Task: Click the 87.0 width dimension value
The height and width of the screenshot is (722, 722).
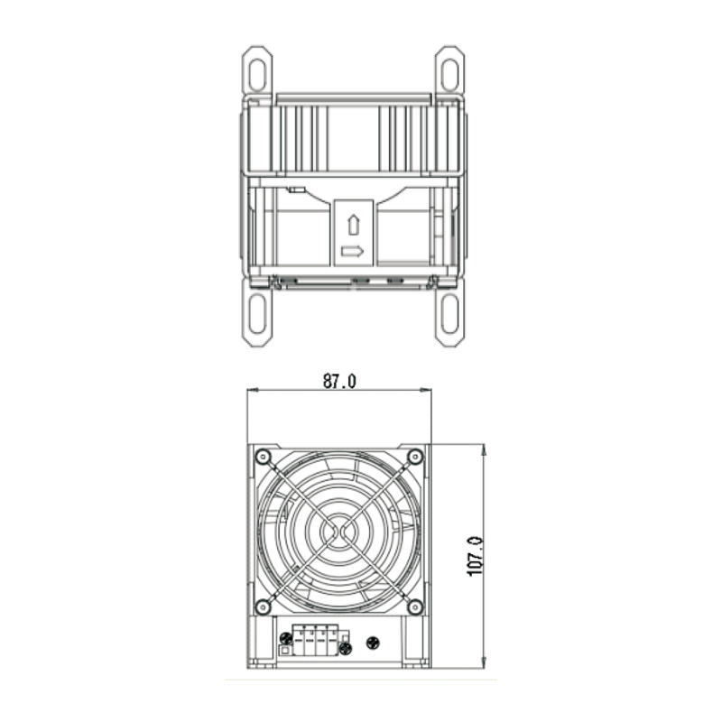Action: click(x=339, y=381)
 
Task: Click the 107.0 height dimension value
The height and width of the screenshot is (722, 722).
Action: click(x=476, y=556)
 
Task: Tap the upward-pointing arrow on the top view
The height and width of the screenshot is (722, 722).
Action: click(x=353, y=225)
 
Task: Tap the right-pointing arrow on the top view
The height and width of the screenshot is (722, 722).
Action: click(x=353, y=251)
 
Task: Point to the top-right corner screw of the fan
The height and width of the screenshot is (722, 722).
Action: click(x=415, y=457)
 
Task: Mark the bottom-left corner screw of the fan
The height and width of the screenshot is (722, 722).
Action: click(x=263, y=606)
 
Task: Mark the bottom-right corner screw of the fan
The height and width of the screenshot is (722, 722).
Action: click(x=415, y=606)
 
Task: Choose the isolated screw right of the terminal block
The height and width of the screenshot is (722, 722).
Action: click(x=374, y=643)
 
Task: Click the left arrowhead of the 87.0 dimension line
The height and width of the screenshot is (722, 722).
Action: click(x=252, y=391)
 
